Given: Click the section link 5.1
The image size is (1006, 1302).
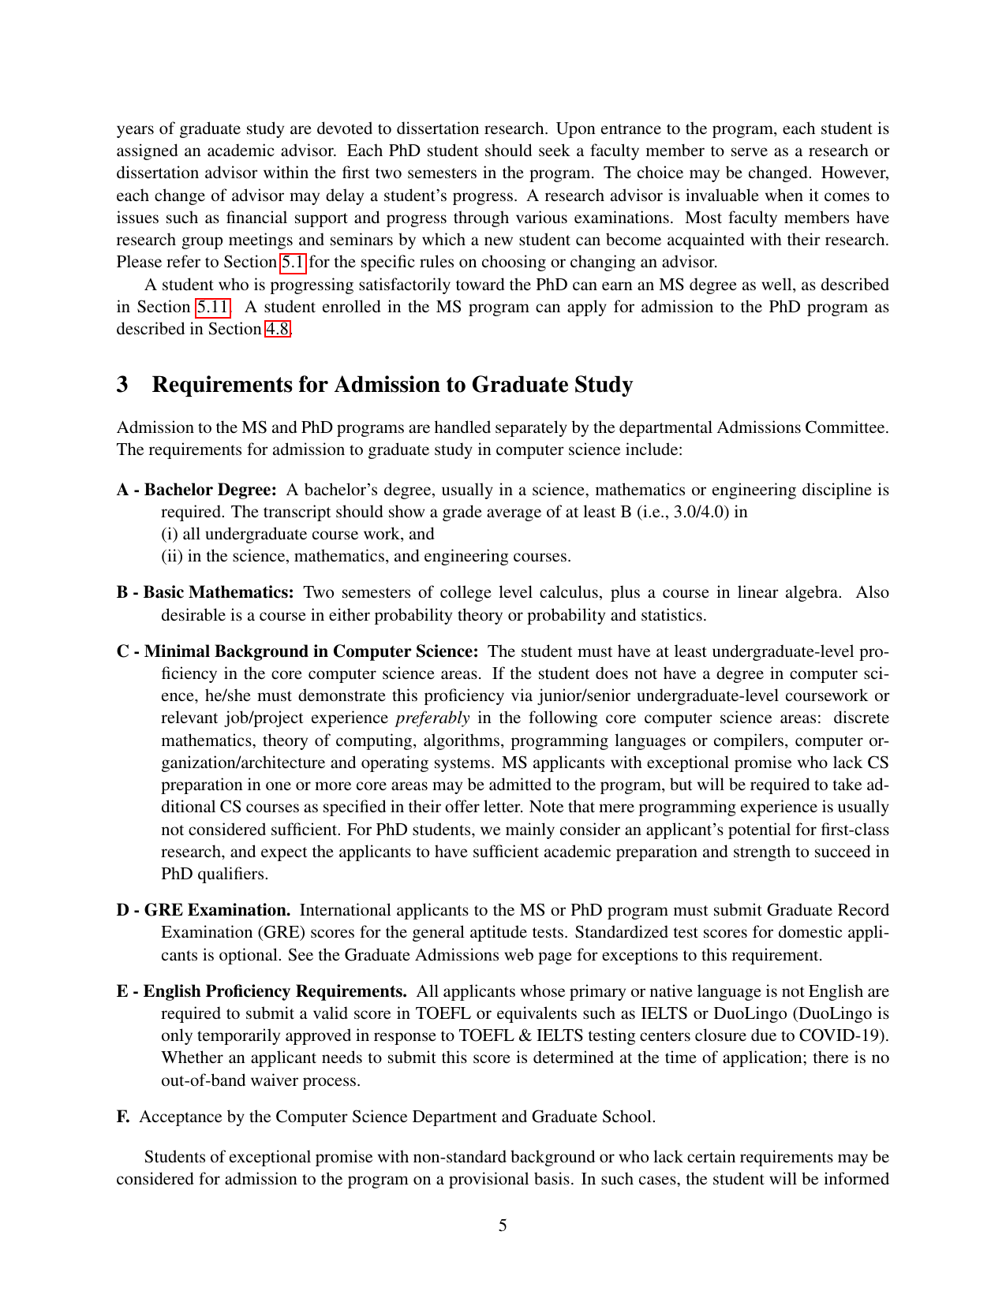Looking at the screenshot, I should pos(293,262).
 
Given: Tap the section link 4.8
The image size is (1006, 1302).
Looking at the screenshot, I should pos(277,329).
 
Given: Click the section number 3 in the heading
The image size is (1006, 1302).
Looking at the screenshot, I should pos(122,385).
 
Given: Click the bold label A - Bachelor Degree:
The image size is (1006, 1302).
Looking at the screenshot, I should pos(196,490).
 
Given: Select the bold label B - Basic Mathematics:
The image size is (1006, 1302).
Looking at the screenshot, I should pos(205,592).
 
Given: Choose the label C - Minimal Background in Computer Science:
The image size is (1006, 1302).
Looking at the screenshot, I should pos(297,651).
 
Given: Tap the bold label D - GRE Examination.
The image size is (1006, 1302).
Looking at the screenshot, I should pos(204,910).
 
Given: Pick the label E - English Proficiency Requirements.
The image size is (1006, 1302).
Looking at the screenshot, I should pos(262,991).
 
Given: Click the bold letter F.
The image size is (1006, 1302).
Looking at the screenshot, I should pos(123,1117).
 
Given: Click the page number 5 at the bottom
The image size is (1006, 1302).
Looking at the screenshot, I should pos(503,1226).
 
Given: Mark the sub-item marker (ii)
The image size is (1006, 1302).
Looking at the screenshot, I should pos(171,556).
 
